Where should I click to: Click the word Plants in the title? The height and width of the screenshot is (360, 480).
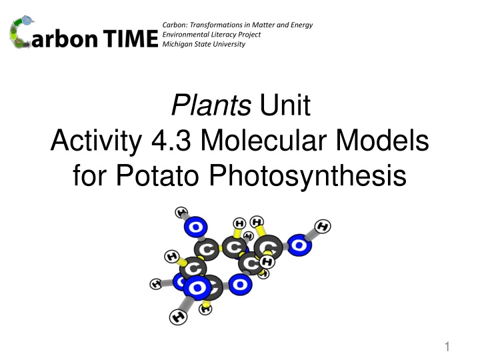[211, 105]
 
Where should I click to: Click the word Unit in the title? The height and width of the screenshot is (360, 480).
[285, 105]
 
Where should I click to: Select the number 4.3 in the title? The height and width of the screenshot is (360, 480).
[171, 141]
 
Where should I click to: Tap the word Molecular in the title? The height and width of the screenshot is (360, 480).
[264, 140]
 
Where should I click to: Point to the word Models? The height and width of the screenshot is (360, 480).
[383, 140]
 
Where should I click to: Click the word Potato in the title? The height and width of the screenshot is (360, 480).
[157, 175]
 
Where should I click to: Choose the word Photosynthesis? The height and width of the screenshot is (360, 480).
[307, 176]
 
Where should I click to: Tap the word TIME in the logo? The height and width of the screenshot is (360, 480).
[131, 39]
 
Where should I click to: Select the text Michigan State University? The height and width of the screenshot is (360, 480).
[203, 44]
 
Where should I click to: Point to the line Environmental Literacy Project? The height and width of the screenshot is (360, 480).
[211, 35]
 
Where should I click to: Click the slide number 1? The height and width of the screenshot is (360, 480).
[447, 347]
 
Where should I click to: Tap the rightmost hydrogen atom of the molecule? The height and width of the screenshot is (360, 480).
[323, 227]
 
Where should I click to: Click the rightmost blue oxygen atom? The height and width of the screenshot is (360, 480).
[299, 245]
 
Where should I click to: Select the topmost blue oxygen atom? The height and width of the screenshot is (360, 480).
[195, 227]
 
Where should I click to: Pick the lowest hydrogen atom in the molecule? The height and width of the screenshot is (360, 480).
[178, 317]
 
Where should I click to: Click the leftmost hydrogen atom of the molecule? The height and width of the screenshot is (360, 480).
[156, 284]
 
